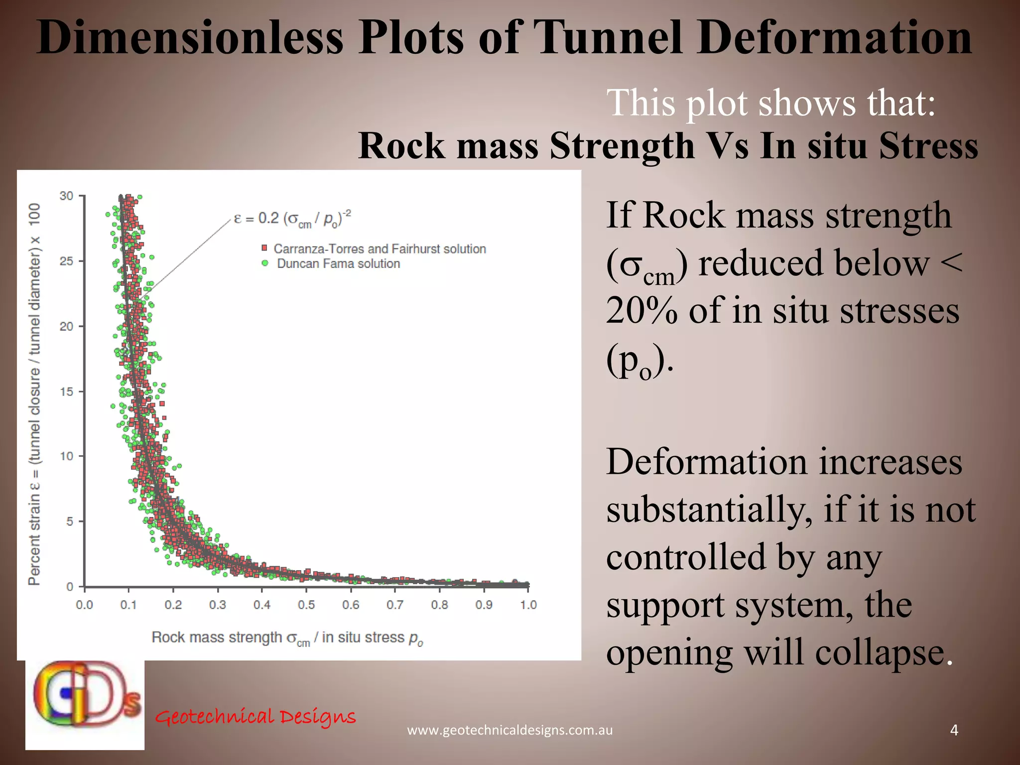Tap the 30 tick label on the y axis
(x=66, y=196)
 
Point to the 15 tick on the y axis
(x=66, y=391)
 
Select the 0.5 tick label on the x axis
(x=306, y=605)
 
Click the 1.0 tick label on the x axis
(x=528, y=605)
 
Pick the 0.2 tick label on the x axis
(x=173, y=605)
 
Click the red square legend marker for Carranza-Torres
(x=264, y=248)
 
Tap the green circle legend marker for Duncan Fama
(x=265, y=263)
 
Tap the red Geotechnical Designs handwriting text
(x=255, y=717)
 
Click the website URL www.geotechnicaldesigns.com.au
(x=510, y=730)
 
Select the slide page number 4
(x=954, y=730)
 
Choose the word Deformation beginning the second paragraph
(x=706, y=462)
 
